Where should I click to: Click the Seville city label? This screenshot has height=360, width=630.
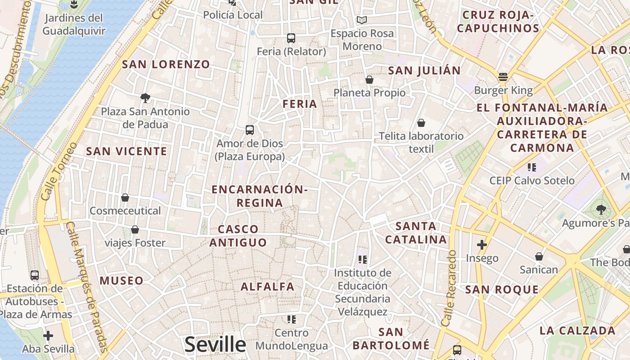tap(215, 345)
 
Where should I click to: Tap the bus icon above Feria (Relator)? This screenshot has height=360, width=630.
tap(291, 38)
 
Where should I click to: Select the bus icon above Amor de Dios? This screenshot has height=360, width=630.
tap(250, 130)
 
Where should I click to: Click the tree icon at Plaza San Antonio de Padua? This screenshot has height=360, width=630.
tap(145, 98)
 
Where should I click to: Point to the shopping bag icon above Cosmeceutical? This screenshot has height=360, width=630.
tap(125, 198)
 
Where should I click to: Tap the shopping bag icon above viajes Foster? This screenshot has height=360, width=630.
tap(135, 230)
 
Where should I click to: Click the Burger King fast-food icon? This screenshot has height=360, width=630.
tap(503, 76)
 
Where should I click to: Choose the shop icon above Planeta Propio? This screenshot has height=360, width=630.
tap(369, 80)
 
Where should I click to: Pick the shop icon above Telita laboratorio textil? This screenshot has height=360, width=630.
tap(421, 122)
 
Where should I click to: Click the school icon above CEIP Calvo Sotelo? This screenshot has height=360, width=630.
tap(532, 167)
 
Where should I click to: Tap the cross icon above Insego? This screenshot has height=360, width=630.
tap(482, 245)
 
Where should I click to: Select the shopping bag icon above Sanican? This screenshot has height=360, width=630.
tap(539, 256)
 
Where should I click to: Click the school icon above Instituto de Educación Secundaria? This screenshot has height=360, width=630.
tap(363, 259)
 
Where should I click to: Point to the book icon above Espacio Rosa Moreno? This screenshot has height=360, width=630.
tap(362, 20)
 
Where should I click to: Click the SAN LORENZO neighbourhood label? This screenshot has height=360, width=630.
tap(166, 64)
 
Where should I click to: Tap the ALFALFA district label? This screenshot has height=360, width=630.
tap(267, 287)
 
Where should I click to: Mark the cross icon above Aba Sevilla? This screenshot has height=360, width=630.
tap(48, 336)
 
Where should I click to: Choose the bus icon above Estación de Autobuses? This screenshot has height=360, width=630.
tap(35, 275)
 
